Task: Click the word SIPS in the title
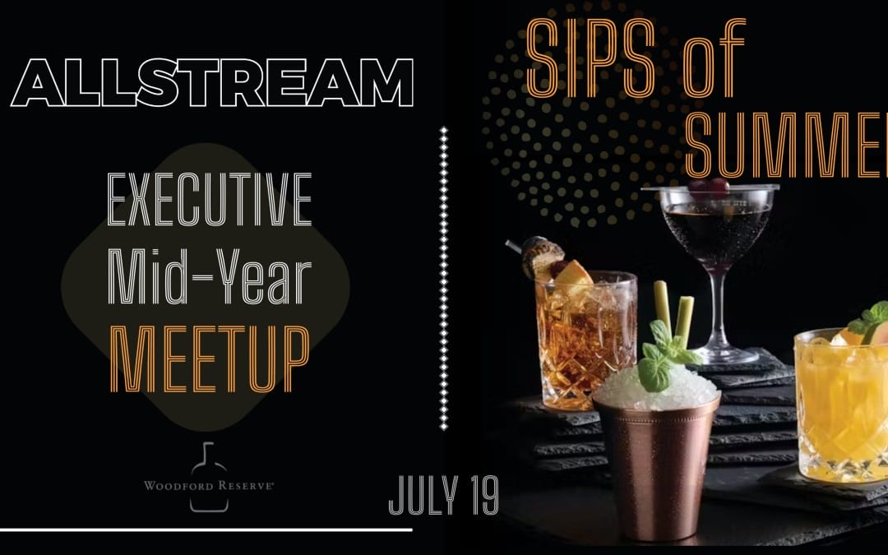tap(591, 58)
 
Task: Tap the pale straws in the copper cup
tap(672, 308)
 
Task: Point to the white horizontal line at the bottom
tap(206, 530)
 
